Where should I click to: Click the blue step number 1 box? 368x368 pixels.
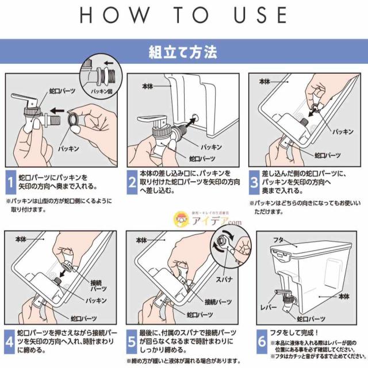tap(11, 182)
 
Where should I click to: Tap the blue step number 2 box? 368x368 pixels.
tap(132, 182)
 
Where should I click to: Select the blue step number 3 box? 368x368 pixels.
tap(254, 183)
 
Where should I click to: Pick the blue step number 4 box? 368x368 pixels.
tap(9, 342)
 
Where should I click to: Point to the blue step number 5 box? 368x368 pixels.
tap(132, 342)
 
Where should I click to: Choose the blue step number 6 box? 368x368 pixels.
tap(262, 342)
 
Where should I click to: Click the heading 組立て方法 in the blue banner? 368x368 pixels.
tap(183, 52)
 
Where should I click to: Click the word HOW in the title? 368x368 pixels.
tap(114, 15)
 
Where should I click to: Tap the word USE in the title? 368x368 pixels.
tap(260, 15)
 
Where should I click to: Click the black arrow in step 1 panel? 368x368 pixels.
tap(57, 110)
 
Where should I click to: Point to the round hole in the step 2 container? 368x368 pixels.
tap(194, 117)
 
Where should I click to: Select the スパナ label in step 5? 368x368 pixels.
tap(224, 279)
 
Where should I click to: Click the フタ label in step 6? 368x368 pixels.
tap(278, 240)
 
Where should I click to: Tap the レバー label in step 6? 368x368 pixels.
tap(269, 307)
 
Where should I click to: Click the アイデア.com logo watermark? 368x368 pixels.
tap(208, 219)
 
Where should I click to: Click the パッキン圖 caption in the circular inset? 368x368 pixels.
tap(102, 91)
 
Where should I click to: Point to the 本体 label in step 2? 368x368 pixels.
tap(147, 86)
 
